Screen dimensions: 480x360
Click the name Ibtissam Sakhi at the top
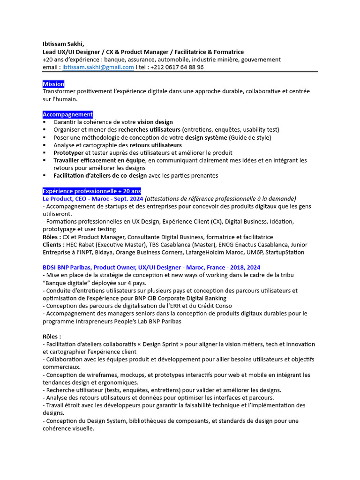coord(63,45)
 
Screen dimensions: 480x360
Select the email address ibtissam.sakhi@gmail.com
coord(98,67)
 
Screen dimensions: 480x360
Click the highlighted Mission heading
coord(53,84)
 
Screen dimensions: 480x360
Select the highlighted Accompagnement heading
coord(67,114)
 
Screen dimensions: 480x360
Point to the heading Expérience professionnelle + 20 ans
coord(92,191)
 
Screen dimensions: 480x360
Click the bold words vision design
coord(155,122)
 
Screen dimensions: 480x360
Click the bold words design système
coord(207,137)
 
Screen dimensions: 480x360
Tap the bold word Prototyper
coord(69,153)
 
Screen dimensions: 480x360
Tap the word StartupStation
coord(285,252)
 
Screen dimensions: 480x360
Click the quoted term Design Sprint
coord(161,344)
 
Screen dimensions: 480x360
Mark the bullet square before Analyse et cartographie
coord(45,145)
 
